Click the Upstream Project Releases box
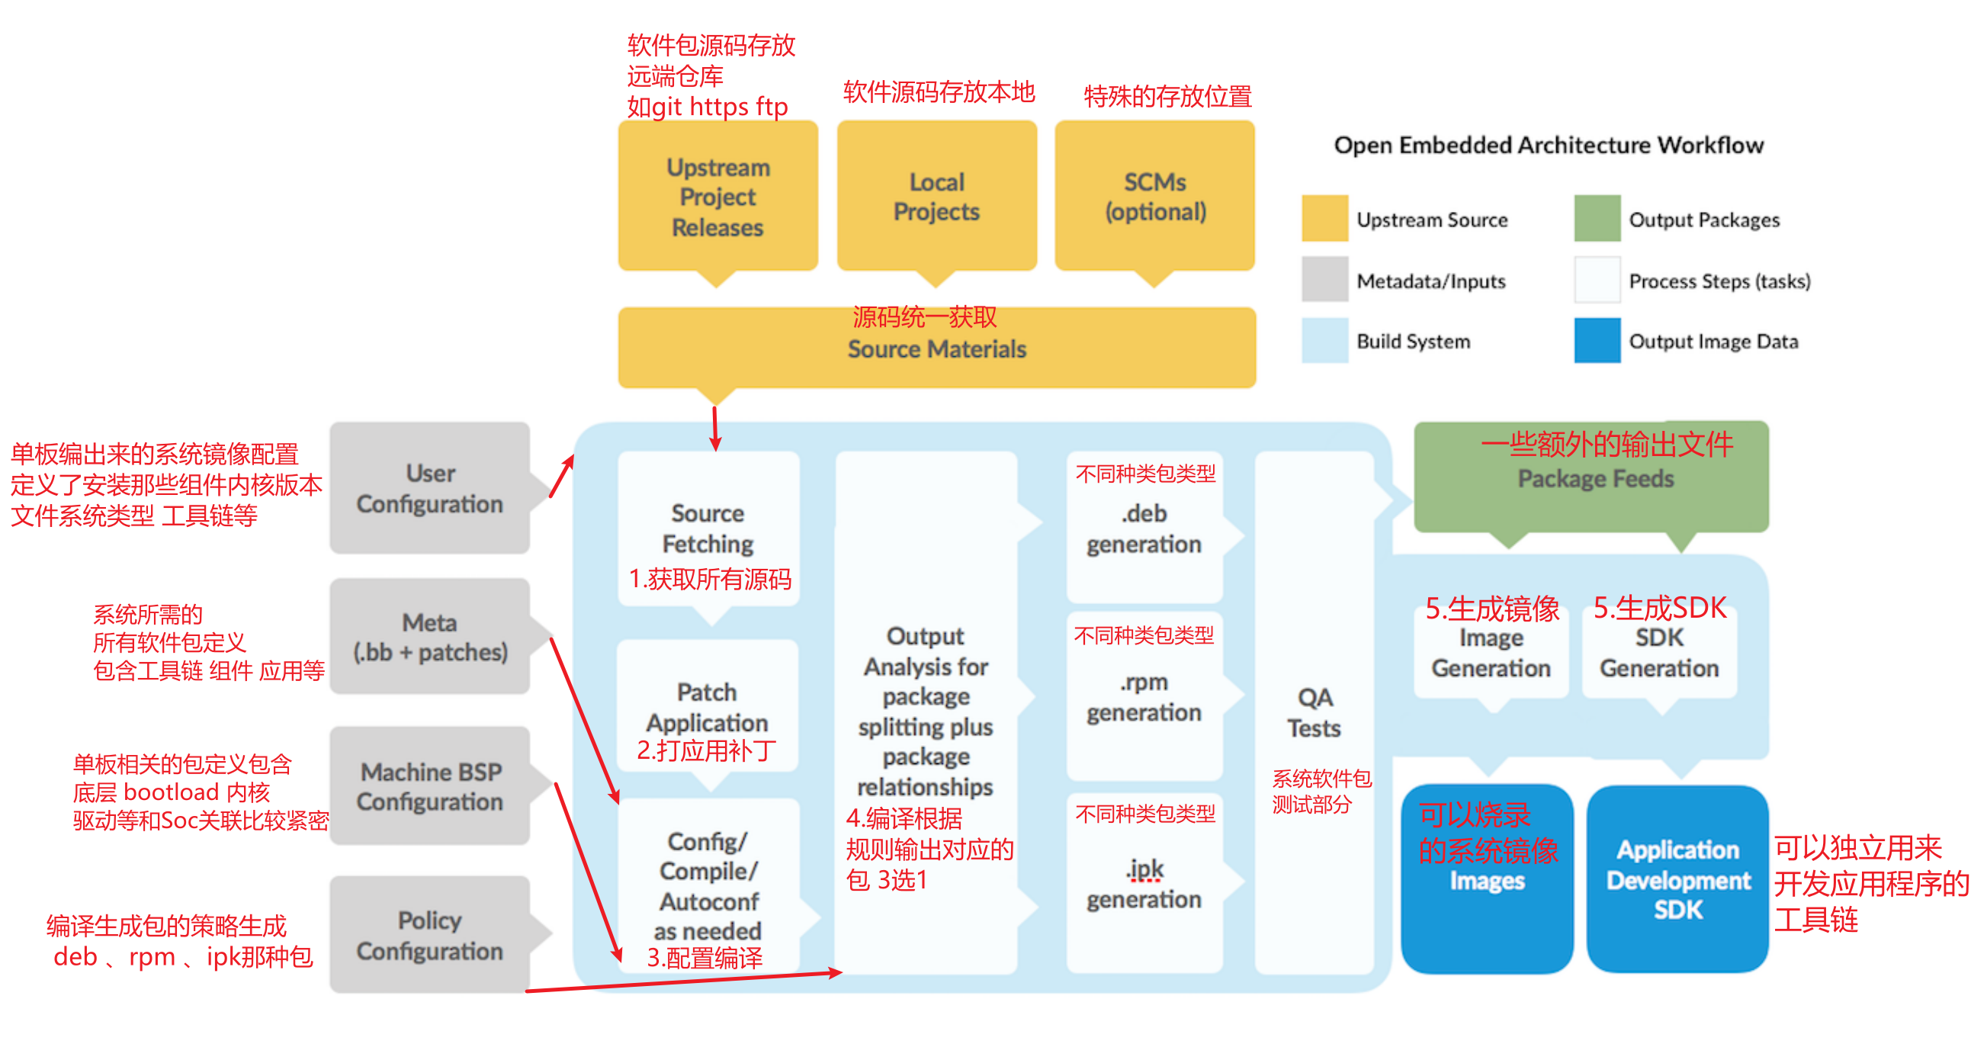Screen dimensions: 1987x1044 pyautogui.click(x=717, y=196)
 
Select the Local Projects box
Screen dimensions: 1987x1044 pyautogui.click(x=936, y=196)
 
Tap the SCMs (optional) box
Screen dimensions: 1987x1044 pyautogui.click(x=1154, y=196)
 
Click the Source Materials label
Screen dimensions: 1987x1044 pyautogui.click(x=936, y=349)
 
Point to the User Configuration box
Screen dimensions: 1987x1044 pyautogui.click(x=429, y=487)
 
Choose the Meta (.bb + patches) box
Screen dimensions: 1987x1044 pyautogui.click(x=429, y=637)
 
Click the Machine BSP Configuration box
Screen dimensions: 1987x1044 pyautogui.click(x=429, y=785)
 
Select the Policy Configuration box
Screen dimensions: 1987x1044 pyautogui.click(x=429, y=934)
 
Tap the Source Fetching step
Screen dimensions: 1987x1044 pyautogui.click(x=708, y=528)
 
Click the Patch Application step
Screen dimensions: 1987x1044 pyautogui.click(x=708, y=706)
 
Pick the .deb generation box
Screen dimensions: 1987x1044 pyautogui.click(x=1144, y=528)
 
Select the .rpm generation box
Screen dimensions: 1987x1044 pyautogui.click(x=1144, y=696)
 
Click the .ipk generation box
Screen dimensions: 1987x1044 pyautogui.click(x=1144, y=884)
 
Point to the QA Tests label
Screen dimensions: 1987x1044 pyautogui.click(x=1315, y=712)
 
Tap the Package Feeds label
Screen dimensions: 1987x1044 pyautogui.click(x=1595, y=479)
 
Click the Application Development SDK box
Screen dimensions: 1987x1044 pyautogui.click(x=1677, y=879)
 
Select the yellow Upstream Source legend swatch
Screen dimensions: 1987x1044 pyautogui.click(x=1324, y=218)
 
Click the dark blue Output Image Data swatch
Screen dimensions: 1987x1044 pyautogui.click(x=1597, y=340)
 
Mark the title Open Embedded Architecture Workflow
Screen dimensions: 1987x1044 pyautogui.click(x=1549, y=145)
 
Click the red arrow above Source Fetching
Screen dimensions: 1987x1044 pyautogui.click(x=715, y=429)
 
